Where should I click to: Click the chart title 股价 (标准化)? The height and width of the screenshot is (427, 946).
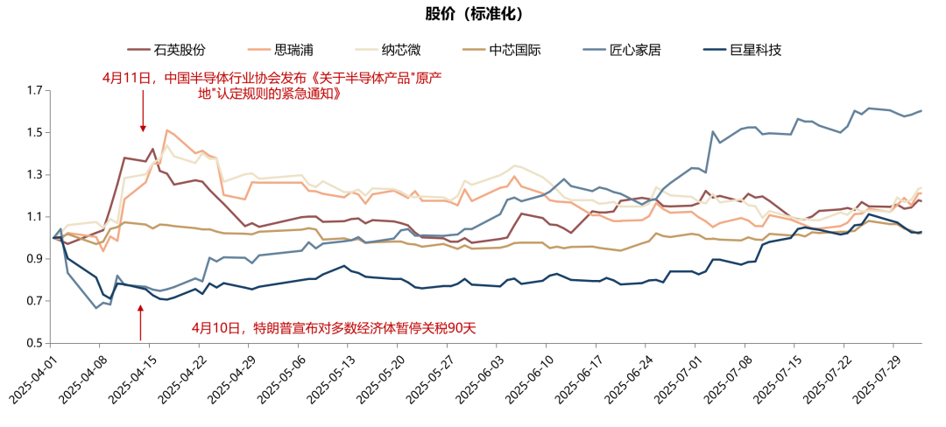473,14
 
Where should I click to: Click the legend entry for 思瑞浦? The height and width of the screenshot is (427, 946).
295,50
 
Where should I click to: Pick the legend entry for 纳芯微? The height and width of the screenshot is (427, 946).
411,50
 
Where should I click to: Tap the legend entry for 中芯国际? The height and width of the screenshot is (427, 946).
514,50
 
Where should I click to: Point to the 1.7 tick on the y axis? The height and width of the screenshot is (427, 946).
35,91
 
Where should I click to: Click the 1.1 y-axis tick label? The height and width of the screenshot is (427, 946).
35,217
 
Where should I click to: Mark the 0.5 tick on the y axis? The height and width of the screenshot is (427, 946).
35,343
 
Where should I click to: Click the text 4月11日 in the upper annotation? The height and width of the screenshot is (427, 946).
128,77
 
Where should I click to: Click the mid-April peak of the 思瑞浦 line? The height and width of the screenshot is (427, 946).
167,130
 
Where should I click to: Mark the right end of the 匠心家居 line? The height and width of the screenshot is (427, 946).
921,111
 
